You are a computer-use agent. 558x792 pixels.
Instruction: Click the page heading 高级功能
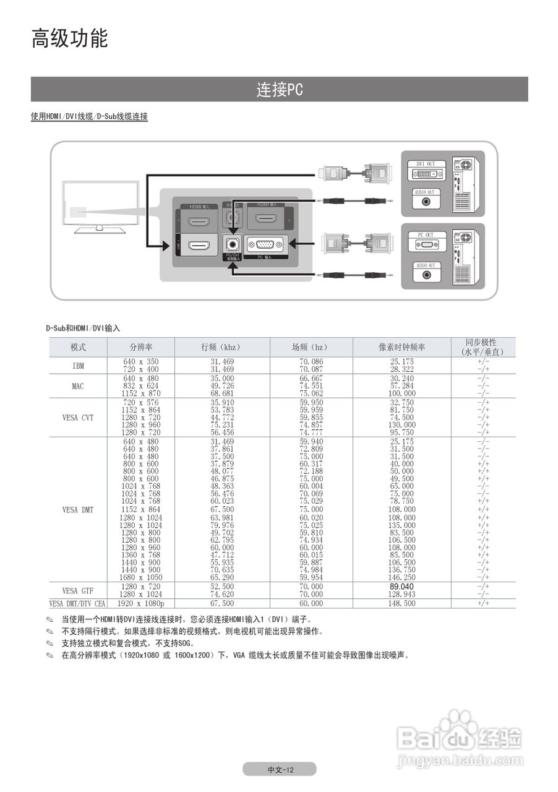70,38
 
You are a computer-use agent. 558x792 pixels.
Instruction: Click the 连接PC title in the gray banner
280,90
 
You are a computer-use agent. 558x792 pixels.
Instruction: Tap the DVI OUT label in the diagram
425,165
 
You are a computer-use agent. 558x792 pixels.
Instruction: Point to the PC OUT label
425,235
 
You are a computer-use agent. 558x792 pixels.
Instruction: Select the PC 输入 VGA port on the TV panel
265,245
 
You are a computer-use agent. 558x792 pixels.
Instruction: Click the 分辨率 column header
141,347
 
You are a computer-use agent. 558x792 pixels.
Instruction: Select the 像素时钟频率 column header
402,347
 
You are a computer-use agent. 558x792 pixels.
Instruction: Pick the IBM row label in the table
78,366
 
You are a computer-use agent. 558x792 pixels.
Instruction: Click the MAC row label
78,386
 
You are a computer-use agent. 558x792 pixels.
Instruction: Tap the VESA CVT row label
78,418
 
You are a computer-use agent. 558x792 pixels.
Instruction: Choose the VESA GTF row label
78,590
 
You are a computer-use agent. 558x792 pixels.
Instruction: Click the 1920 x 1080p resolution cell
141,603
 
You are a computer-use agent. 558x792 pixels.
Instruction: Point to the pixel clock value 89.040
401,586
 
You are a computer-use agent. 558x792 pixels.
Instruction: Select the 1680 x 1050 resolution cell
141,577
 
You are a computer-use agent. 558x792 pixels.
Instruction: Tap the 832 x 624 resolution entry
141,386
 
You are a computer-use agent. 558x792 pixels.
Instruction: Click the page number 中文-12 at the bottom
280,770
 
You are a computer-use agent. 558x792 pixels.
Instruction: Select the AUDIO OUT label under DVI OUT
425,192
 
